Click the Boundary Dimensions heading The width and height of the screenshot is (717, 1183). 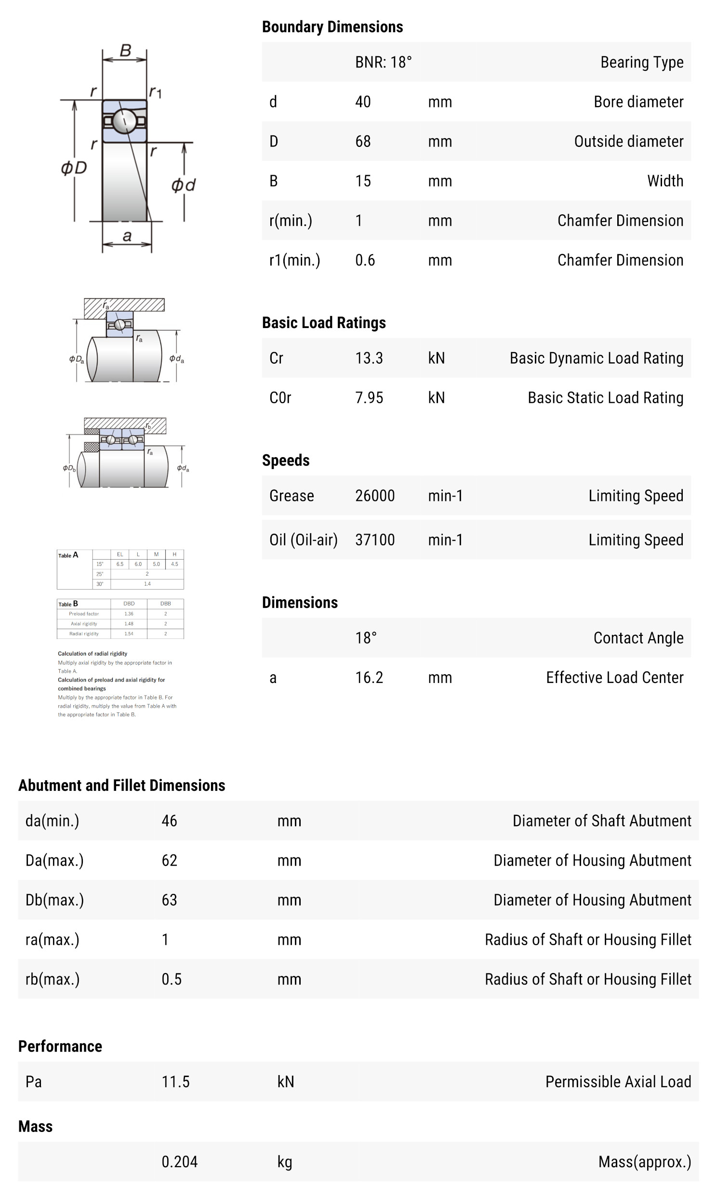pos(332,27)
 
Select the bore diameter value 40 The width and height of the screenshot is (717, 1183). pos(363,102)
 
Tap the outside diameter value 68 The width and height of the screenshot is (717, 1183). pos(363,142)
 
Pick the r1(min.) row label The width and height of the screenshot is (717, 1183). pos(294,261)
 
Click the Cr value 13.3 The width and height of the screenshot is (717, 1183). pos(369,358)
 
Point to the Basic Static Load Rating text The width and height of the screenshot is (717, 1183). pos(605,398)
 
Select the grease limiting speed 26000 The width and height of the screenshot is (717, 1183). pos(374,496)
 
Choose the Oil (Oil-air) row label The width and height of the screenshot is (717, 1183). pos(303,540)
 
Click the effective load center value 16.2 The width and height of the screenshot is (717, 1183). pos(369,678)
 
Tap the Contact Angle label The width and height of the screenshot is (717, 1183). pos(638,638)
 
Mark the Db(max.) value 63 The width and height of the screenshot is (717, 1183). pos(169,900)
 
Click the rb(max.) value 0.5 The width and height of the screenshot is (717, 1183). pos(171,979)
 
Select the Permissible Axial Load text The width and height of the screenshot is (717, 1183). pos(618,1082)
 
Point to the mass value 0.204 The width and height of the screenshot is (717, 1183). pos(179,1162)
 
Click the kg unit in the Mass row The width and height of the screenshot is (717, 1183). pos(284,1162)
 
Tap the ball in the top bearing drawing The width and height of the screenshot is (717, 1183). pos(124,119)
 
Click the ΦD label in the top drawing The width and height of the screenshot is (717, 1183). pos(74,168)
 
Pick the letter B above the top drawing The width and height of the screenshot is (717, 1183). pos(125,51)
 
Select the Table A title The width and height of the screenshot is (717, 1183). pos(68,555)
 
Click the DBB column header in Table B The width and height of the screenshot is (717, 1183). pos(165,604)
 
